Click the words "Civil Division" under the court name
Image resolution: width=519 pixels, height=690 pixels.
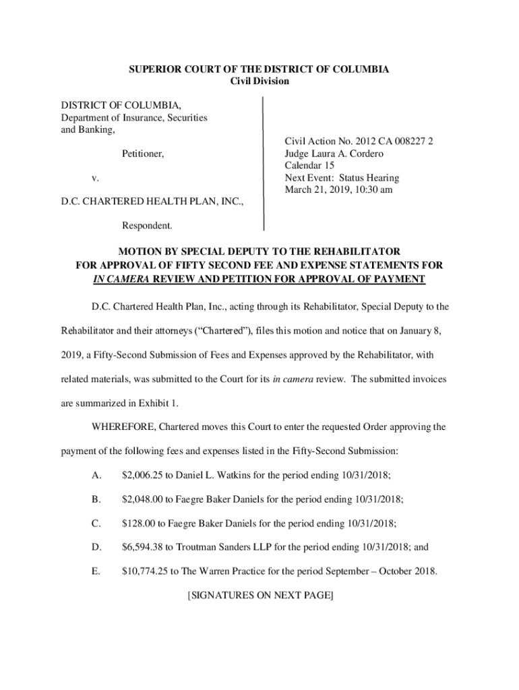click(259, 82)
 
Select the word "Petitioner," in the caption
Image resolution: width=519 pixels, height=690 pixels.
click(142, 154)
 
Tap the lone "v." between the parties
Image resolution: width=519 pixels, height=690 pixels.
click(96, 178)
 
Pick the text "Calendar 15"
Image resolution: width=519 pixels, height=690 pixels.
click(309, 166)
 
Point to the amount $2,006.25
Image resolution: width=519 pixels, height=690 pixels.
click(144, 476)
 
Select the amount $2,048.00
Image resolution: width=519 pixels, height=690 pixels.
click(144, 499)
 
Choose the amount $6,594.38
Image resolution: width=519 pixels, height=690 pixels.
click(144, 547)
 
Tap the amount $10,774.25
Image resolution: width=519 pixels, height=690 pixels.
click(146, 571)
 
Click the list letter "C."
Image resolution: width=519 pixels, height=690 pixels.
click(96, 524)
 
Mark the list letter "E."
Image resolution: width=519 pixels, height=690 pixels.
click(96, 571)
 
